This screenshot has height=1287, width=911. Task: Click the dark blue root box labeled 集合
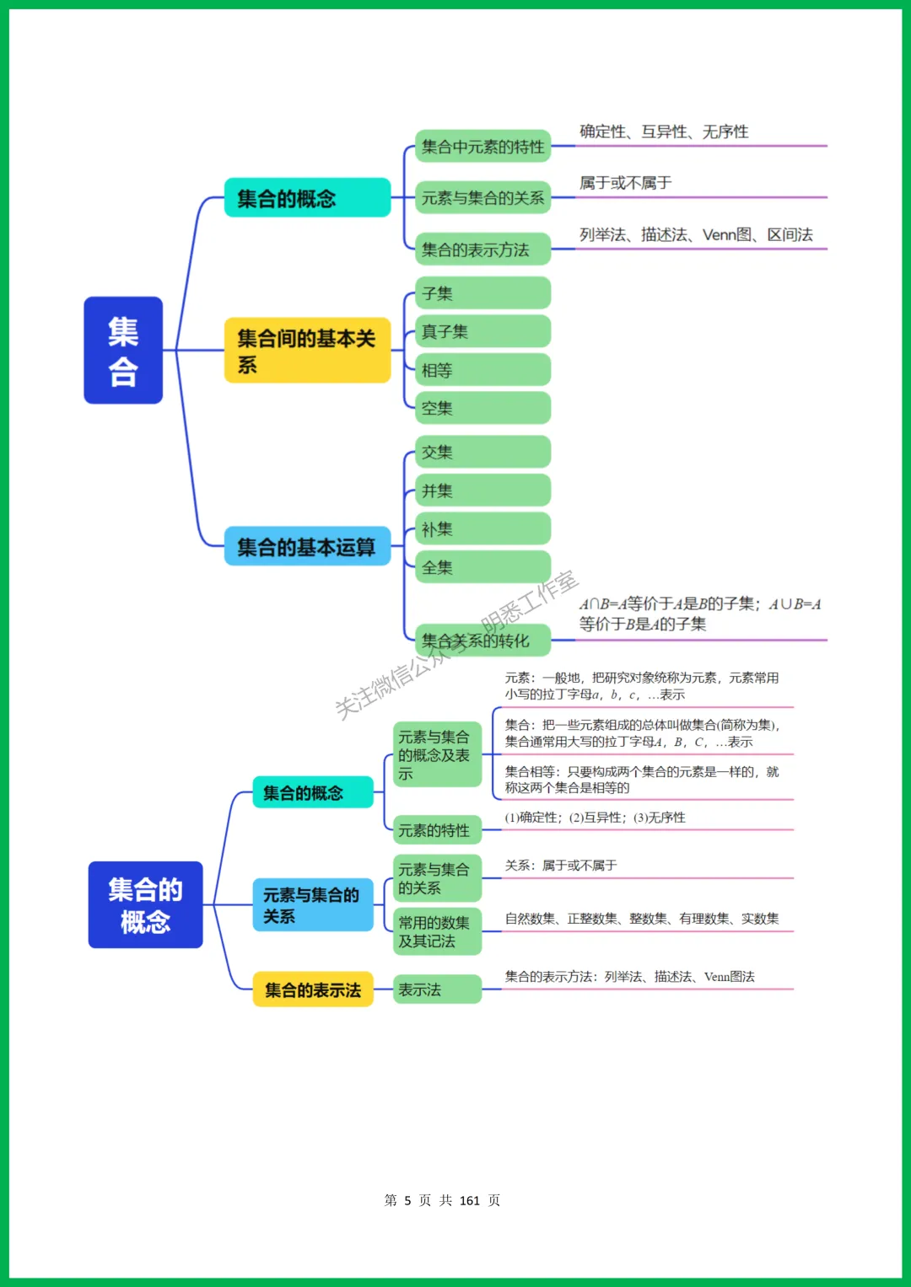[123, 350]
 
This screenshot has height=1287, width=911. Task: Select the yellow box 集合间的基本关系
[307, 351]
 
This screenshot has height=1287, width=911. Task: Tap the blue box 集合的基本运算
[307, 547]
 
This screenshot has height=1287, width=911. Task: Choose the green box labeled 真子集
[482, 331]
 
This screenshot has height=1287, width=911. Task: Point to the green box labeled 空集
[482, 408]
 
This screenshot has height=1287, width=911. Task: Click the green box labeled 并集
[482, 491]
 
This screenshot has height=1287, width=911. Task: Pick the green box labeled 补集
[482, 528]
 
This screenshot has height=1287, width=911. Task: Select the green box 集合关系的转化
[482, 641]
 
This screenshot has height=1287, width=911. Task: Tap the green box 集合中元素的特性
[482, 147]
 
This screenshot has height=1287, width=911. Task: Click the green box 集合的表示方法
[482, 249]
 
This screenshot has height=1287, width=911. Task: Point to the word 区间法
[790, 235]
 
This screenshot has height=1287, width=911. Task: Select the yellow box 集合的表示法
[313, 989]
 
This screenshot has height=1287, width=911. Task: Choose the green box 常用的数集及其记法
[437, 931]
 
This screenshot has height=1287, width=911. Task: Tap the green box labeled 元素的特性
[437, 830]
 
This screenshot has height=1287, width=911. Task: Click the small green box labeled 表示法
[437, 989]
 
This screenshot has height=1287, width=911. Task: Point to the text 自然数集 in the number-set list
[530, 919]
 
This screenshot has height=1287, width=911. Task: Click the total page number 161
[470, 1200]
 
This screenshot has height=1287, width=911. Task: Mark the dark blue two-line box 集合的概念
[145, 905]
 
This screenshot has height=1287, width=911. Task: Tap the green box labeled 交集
[482, 452]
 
